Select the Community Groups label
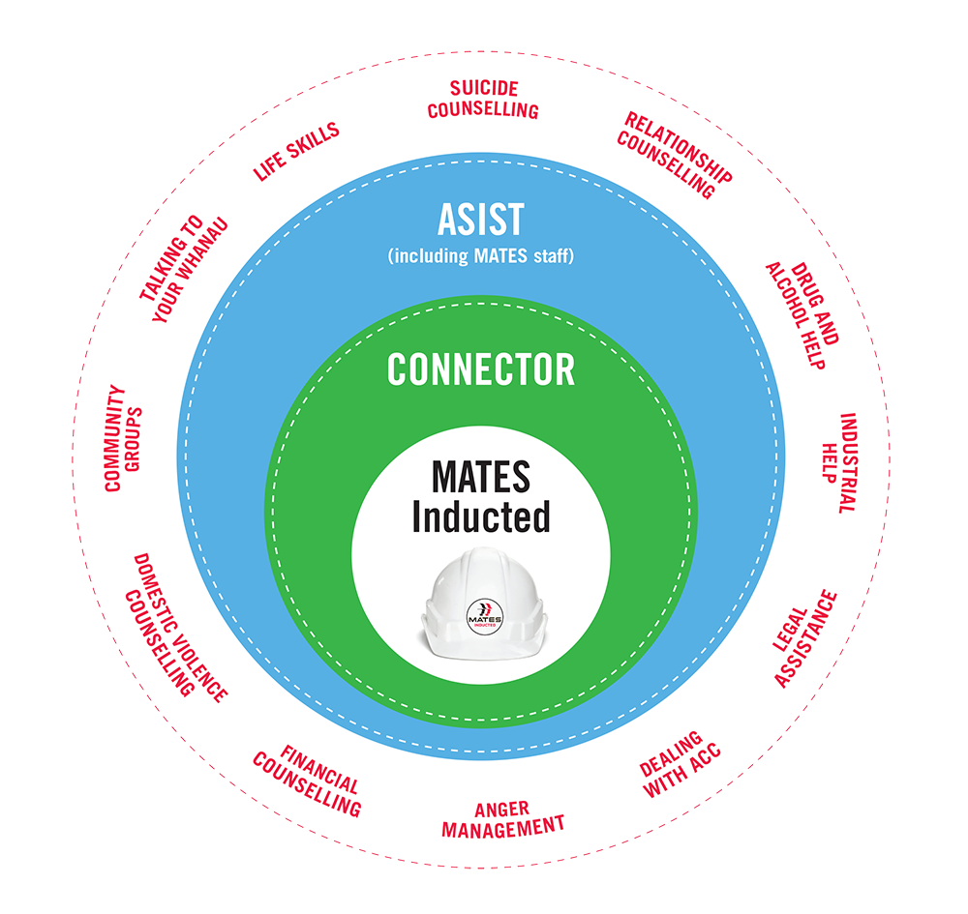coord(124,439)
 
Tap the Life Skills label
coord(296,152)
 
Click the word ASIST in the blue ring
coord(480,220)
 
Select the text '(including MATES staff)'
coord(481,257)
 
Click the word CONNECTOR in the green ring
coord(481,369)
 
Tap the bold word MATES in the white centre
coord(481,478)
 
